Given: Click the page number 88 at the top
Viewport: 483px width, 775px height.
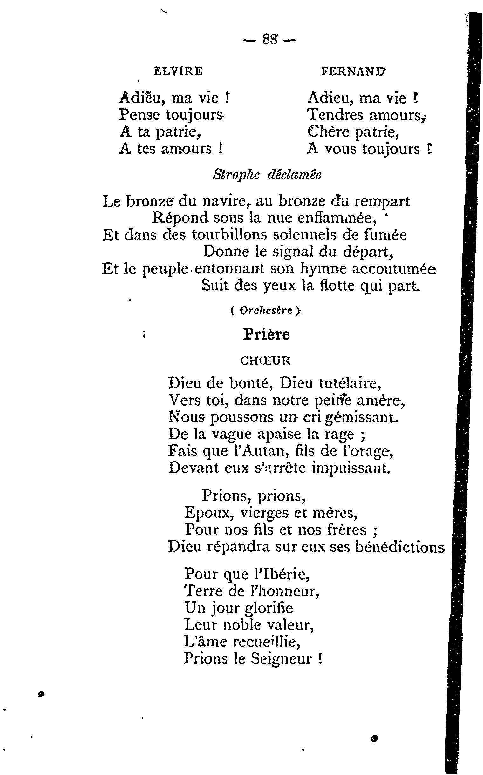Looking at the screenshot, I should point(270,40).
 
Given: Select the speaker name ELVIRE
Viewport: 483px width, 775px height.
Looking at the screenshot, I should point(178,71).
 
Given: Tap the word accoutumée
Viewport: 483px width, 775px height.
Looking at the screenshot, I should point(394,269).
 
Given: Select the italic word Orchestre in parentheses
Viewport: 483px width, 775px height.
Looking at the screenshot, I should point(266,311).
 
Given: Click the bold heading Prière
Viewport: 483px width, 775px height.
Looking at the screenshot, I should point(266,335).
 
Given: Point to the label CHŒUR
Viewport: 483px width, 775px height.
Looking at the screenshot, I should point(265,361).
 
